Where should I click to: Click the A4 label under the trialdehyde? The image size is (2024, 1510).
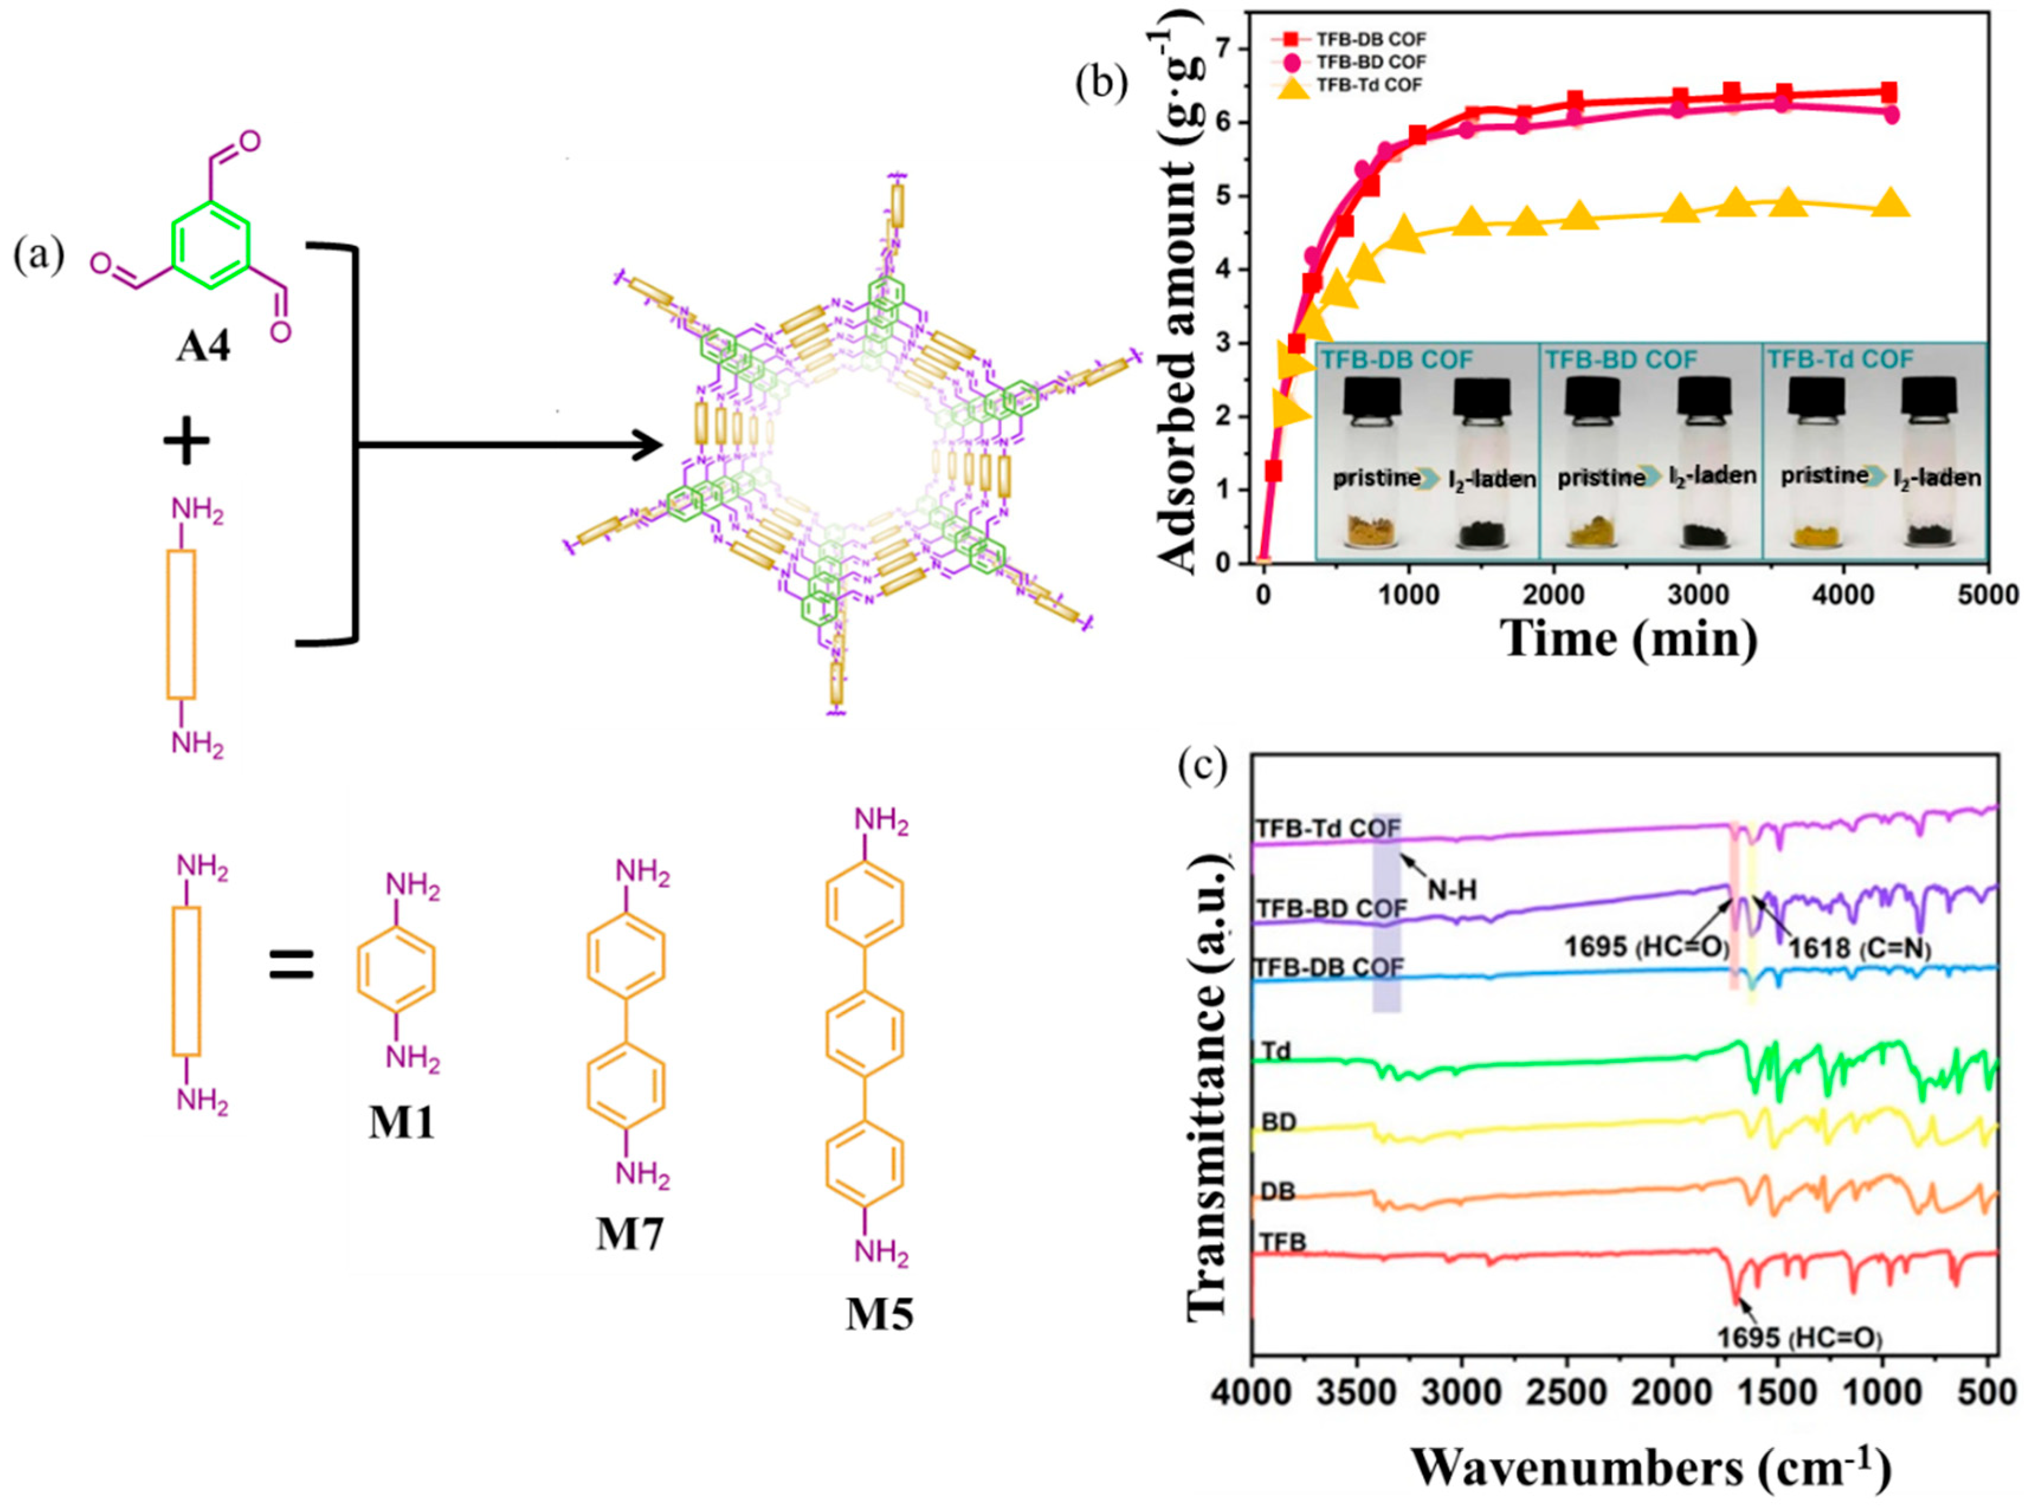[x=203, y=347]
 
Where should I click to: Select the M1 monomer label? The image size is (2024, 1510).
[x=402, y=1123]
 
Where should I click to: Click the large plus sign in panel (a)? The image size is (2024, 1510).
[x=186, y=444]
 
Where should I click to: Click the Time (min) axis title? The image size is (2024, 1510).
[x=1629, y=638]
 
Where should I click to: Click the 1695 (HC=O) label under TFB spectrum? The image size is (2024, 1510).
[x=1798, y=1338]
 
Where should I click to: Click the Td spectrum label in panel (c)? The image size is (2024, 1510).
[x=1276, y=1051]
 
